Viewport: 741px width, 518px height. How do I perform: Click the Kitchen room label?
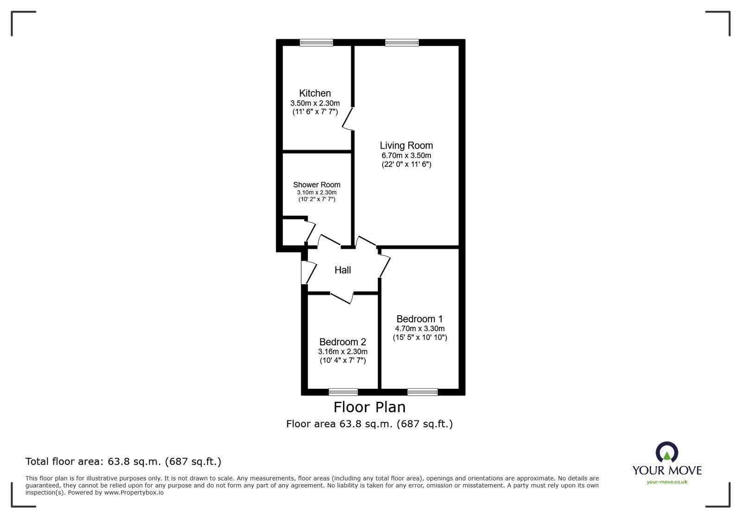click(315, 93)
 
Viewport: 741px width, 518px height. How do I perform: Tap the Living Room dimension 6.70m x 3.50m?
click(406, 156)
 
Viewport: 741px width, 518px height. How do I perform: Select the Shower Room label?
click(317, 185)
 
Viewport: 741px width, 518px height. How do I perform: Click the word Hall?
click(342, 270)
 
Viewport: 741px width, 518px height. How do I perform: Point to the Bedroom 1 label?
click(419, 319)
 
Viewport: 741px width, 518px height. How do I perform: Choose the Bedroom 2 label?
click(342, 342)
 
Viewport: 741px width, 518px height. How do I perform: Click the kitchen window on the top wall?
click(316, 43)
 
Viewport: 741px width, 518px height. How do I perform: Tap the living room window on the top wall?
click(402, 43)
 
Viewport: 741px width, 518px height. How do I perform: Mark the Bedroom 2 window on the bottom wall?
click(343, 392)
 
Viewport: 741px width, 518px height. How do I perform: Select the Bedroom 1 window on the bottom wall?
click(422, 392)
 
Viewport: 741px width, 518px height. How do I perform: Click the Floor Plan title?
click(369, 407)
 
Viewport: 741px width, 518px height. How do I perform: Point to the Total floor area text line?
click(123, 462)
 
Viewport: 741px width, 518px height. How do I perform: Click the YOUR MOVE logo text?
click(667, 470)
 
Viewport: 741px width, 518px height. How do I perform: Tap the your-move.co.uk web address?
click(667, 482)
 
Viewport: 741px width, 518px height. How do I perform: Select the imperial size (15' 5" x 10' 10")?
click(420, 337)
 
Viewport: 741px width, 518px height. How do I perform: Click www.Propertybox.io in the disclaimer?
click(133, 493)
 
